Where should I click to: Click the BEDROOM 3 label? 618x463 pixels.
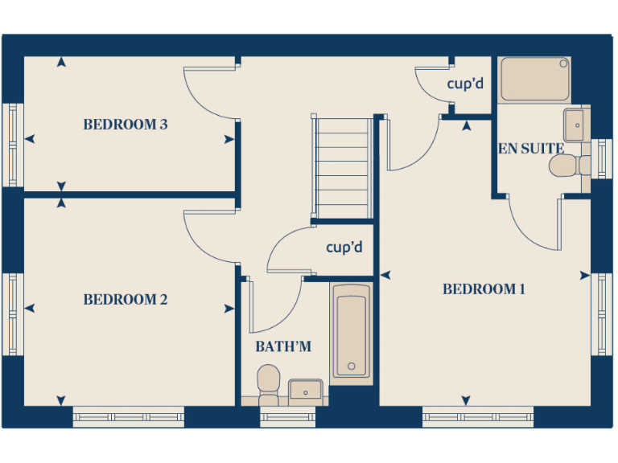tap(125, 125)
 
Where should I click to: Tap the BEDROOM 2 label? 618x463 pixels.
tap(125, 300)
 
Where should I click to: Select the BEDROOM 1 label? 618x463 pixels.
tap(484, 289)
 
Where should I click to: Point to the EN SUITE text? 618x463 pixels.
tap(530, 149)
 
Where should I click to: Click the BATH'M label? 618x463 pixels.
tap(283, 347)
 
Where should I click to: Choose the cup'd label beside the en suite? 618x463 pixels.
tap(464, 83)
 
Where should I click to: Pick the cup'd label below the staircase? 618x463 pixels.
tap(344, 248)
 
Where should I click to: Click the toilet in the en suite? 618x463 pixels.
tap(566, 166)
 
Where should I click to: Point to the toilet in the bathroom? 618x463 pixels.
tap(268, 381)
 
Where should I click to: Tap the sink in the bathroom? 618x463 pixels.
tap(305, 391)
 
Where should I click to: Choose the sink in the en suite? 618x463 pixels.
tap(575, 125)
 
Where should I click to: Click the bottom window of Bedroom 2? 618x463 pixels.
tap(128, 416)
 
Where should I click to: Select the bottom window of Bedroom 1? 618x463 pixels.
tap(477, 416)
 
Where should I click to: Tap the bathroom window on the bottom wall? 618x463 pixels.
tap(287, 416)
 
